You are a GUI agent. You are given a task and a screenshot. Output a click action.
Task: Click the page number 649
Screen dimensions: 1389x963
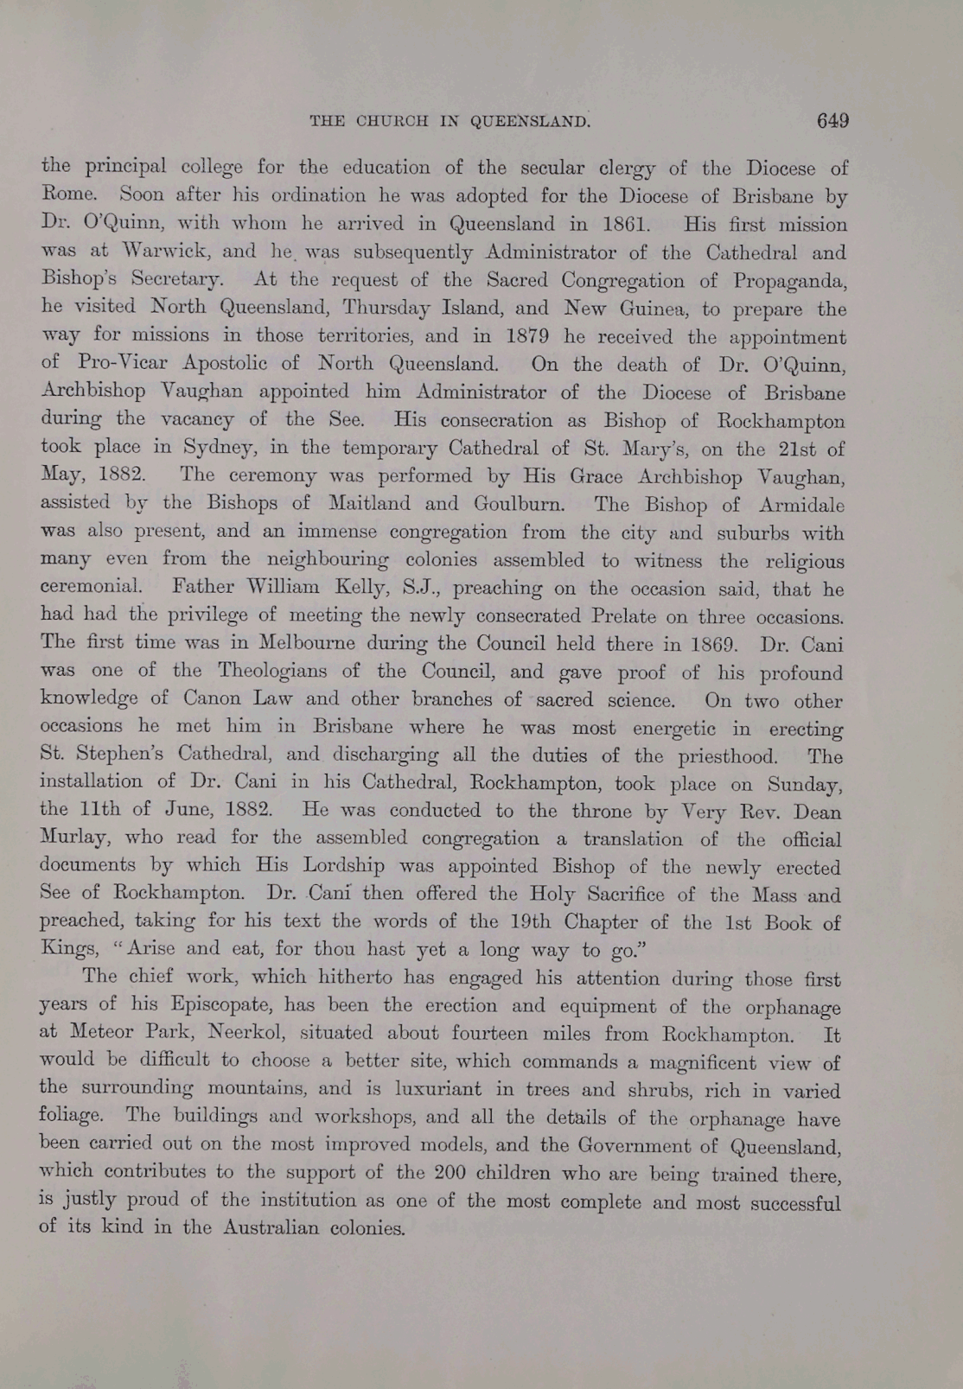(832, 121)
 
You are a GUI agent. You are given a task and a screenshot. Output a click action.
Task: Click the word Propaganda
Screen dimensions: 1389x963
(788, 281)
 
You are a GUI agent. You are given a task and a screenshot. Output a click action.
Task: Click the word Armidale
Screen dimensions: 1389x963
(801, 504)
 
